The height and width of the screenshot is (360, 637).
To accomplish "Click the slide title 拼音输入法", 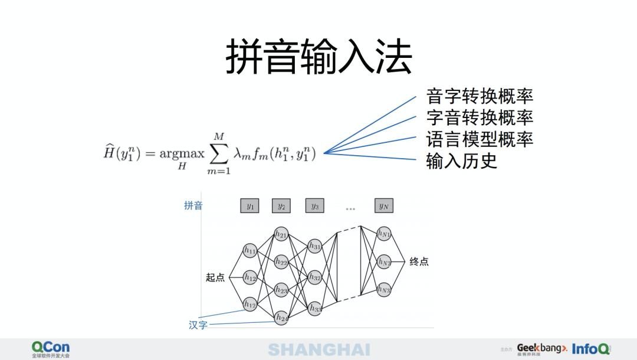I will point(318,57).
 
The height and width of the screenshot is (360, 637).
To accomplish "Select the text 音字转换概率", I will point(479,96).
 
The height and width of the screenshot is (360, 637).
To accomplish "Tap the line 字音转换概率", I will point(479,117).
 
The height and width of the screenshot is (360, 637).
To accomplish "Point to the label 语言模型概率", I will point(479,139).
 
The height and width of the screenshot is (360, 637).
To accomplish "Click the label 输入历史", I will point(461,161).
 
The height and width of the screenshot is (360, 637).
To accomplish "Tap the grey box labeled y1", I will point(249,206).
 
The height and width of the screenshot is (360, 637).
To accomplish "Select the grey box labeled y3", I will point(315,206).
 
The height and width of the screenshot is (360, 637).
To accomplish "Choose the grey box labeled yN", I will point(384,206).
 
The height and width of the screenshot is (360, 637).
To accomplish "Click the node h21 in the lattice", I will point(281,234).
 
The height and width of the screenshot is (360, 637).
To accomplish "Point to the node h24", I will point(282,318).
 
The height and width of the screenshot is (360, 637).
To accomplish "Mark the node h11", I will point(250,250).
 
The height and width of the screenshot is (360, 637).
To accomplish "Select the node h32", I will point(315,277).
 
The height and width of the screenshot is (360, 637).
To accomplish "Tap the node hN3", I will point(384,290).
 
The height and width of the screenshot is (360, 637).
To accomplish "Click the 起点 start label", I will point(215,277).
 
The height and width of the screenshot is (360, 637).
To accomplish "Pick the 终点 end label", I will point(419,261).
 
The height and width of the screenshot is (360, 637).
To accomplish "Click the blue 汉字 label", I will point(198,325).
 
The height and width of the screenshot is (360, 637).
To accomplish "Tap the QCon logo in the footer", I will point(51,348).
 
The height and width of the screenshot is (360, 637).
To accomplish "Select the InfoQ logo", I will point(590,349).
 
